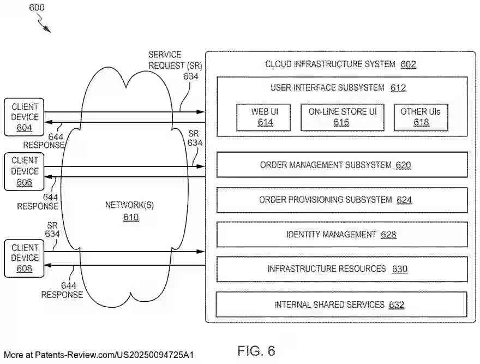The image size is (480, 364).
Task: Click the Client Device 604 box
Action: click(x=24, y=117)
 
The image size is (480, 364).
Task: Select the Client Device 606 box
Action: click(x=24, y=171)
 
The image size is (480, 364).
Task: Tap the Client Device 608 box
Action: click(x=24, y=258)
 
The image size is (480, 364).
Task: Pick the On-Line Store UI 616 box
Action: click(x=342, y=117)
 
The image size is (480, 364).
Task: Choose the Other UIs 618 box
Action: click(x=420, y=117)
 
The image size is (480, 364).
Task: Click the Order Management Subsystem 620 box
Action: click(x=342, y=165)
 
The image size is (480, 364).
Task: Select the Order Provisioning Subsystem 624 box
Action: click(x=342, y=200)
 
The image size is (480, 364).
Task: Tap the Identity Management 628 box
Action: click(x=342, y=235)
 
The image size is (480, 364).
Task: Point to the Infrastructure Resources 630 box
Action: click(x=342, y=269)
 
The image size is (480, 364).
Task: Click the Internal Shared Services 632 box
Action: click(x=342, y=305)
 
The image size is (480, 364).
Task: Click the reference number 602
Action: click(x=408, y=64)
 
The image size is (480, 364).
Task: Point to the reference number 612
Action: click(x=398, y=88)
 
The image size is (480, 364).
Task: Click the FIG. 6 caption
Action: click(x=256, y=350)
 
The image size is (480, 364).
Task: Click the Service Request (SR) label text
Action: click(x=173, y=61)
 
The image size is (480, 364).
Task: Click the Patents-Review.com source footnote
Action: click(x=98, y=355)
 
